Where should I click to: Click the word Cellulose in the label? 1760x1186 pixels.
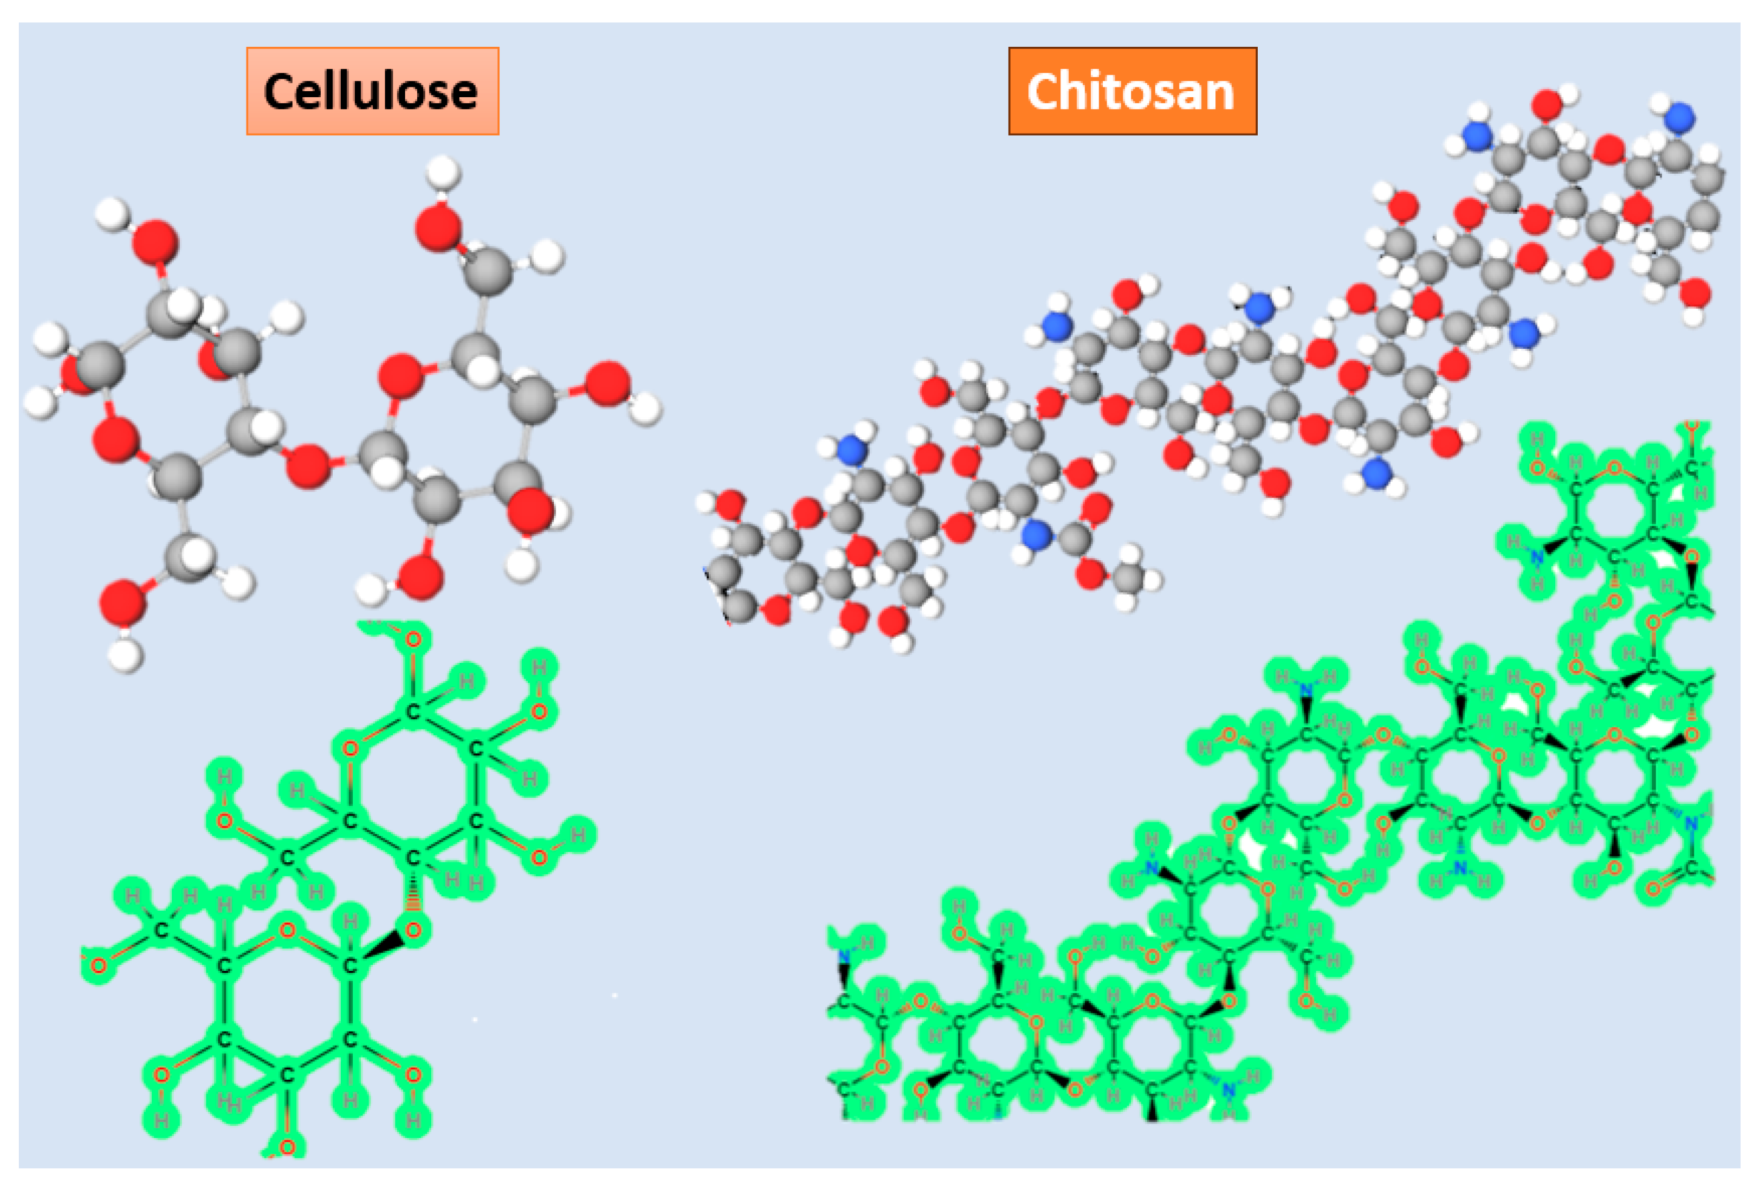tap(370, 92)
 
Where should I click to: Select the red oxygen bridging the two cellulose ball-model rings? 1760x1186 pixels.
tap(309, 464)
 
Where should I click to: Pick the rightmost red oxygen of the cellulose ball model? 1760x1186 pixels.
tap(608, 383)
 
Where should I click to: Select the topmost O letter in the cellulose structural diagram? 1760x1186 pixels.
tap(413, 640)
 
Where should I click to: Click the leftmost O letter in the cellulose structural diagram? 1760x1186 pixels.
tap(98, 966)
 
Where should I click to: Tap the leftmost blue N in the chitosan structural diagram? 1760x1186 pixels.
tap(844, 958)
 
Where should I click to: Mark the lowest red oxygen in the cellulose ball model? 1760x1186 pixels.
tap(123, 603)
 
